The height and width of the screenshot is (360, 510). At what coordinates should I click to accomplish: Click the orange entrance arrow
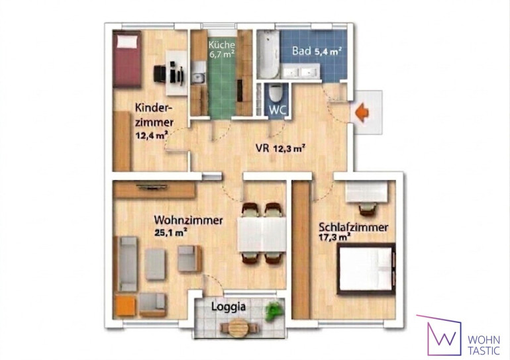coord(362,112)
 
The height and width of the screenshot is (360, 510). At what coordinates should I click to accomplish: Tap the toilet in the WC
coord(277,93)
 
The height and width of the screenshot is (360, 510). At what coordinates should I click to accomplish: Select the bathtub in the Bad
coord(268,54)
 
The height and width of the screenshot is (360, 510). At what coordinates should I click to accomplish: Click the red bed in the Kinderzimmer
coord(127,59)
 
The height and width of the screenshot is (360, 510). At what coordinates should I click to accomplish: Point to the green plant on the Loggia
coord(273,311)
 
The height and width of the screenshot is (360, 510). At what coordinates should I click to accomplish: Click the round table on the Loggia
coord(238,328)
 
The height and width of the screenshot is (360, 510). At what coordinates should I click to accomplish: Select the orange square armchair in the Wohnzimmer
coord(125,306)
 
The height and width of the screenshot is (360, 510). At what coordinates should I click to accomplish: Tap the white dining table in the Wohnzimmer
coord(262,234)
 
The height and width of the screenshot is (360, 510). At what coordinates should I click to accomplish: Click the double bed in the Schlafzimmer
coord(366,269)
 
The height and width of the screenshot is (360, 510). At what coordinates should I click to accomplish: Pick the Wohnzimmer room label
coord(188,220)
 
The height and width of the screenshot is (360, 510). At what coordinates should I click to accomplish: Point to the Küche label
coord(221,44)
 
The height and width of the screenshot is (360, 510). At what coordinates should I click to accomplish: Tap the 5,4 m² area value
coord(328,51)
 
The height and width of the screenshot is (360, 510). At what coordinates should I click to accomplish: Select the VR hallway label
coord(262,148)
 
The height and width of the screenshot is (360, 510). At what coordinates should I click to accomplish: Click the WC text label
coord(278,110)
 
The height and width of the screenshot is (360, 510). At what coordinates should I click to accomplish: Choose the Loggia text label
coord(229,306)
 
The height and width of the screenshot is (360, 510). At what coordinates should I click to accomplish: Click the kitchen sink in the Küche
coord(198,78)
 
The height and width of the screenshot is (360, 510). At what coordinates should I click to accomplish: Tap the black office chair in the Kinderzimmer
coord(160,74)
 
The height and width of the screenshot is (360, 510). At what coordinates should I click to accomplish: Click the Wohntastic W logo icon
coord(440,335)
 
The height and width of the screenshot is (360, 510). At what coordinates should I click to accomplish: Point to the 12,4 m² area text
coord(152,135)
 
